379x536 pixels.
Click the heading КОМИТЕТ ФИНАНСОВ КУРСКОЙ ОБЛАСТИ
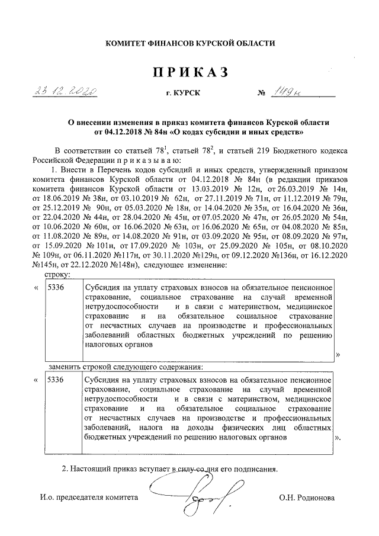click(189, 43)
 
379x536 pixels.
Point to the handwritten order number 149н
click(286, 92)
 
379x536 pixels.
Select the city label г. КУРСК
click(184, 94)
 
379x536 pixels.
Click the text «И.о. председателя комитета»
click(88, 498)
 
